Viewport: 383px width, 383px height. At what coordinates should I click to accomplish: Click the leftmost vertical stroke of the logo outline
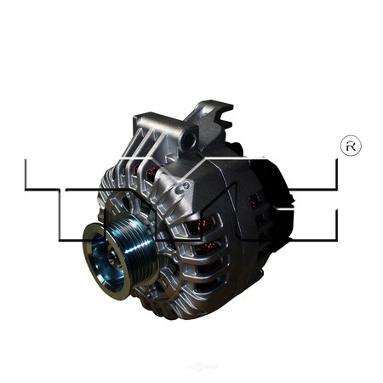(x=26, y=174)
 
